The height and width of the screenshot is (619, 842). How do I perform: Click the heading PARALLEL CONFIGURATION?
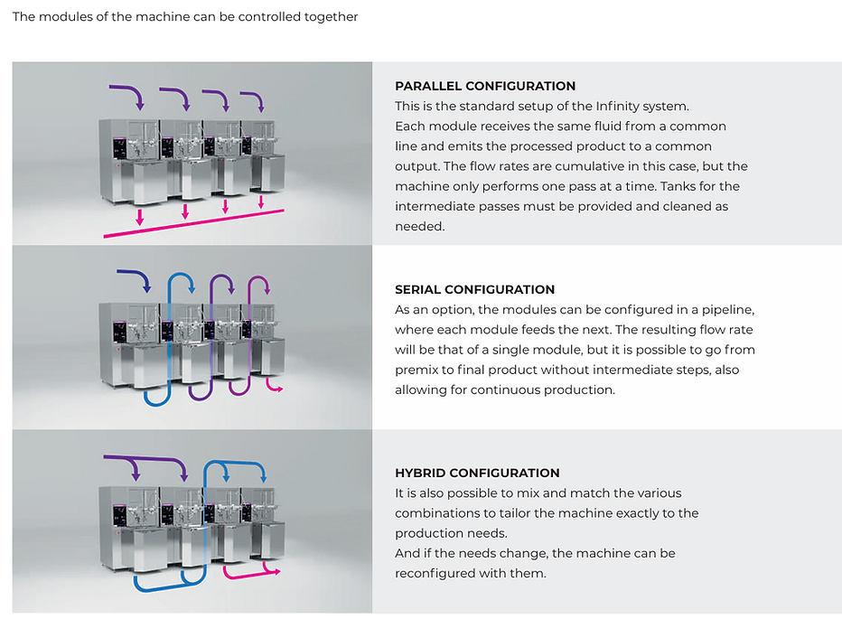[485, 86]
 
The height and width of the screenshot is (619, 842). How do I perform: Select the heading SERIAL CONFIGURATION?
[474, 289]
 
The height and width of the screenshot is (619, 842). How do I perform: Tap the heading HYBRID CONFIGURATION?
[477, 473]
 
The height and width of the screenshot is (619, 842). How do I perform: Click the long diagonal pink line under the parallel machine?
[193, 223]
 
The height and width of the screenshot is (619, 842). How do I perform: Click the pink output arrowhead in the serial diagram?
[279, 388]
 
